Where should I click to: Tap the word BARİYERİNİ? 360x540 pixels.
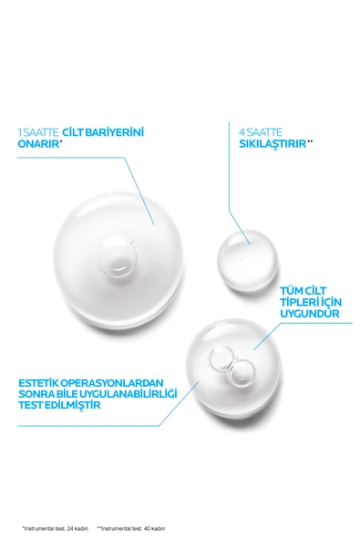click(x=111, y=131)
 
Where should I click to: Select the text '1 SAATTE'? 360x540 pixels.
click(x=34, y=131)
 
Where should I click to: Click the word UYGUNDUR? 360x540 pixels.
click(x=310, y=314)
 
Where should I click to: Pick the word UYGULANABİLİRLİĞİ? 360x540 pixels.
click(x=128, y=394)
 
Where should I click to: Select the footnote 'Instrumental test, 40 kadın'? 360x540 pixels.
click(x=131, y=528)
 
